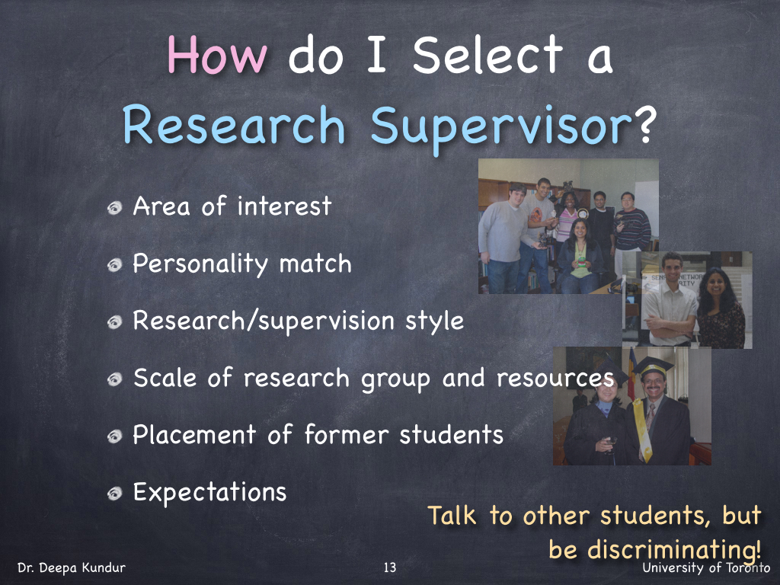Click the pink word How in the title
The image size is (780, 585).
217,54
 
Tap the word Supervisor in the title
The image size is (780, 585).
501,126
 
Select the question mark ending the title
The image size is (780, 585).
644,123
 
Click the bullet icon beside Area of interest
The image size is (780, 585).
115,208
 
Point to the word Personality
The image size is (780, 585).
200,264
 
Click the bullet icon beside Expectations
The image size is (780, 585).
115,493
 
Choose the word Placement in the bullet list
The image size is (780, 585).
194,434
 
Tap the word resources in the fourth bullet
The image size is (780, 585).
555,379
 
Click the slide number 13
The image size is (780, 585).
390,567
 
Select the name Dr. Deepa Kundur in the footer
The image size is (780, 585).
72,567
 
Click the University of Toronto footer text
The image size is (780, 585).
706,567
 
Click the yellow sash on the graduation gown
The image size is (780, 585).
643,430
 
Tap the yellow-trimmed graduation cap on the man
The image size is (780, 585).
653,366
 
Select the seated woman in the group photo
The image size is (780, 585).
580,256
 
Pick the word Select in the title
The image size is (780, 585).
487,54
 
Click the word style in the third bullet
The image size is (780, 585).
434,322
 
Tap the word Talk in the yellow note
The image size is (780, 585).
452,515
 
